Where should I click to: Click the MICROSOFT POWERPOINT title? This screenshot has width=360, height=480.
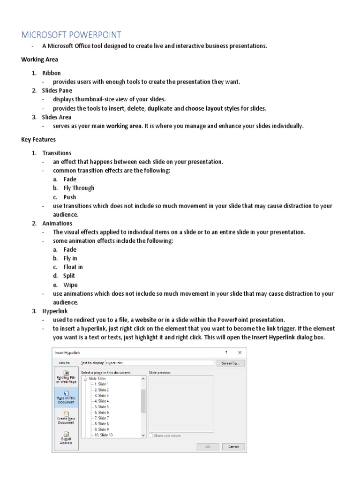pos(71,34)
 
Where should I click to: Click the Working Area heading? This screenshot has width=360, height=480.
pos(40,60)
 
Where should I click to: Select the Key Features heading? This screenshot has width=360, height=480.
pos(38,139)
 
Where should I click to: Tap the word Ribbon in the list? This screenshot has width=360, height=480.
pos(52,73)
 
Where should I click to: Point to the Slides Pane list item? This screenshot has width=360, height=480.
pos(57,90)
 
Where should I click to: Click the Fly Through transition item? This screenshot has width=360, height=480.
pos(79,188)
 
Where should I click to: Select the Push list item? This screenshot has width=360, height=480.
pos(69,197)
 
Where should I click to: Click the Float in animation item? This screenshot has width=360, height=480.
pos(73,267)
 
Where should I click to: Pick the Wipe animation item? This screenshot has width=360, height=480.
pos(70,285)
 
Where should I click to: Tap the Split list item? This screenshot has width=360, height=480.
pos(69,276)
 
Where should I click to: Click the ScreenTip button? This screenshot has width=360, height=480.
pos(230,363)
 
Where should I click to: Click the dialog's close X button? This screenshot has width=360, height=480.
pos(240,352)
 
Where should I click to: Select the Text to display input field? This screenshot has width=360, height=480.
pos(159,363)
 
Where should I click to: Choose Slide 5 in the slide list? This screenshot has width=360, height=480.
pos(101,407)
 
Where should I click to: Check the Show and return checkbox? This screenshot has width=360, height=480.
pos(151,435)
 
